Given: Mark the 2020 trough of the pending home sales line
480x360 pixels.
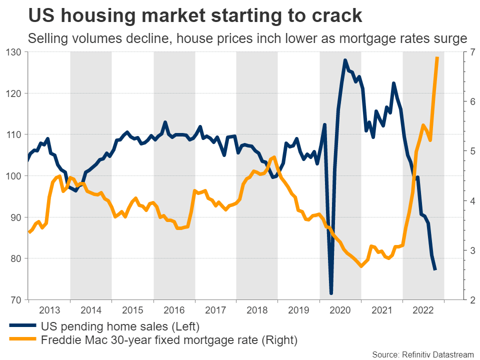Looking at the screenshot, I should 331,293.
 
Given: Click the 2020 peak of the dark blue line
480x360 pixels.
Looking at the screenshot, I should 345,60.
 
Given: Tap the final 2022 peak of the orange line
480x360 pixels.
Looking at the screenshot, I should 437,57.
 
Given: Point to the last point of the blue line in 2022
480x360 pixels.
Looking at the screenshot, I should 435,270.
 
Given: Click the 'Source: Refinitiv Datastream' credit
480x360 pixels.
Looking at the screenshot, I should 422,354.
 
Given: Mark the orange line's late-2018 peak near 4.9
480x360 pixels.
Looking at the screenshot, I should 274,157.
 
